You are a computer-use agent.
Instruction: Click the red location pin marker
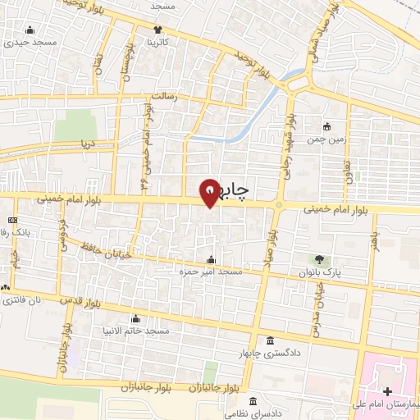(x=211, y=192)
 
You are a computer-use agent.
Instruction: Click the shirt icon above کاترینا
(x=157, y=30)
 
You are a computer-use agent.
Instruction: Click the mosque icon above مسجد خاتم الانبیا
(x=136, y=319)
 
